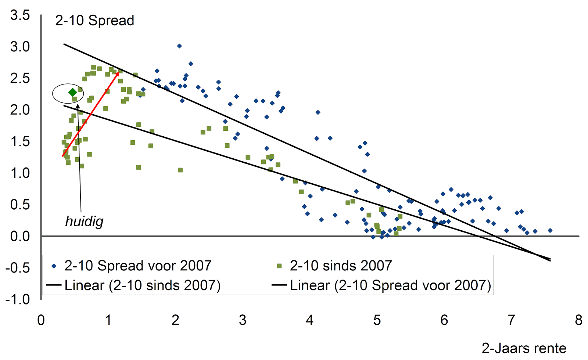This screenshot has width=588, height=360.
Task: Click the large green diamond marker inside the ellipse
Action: pyautogui.click(x=72, y=92)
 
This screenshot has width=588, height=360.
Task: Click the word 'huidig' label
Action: pyautogui.click(x=84, y=222)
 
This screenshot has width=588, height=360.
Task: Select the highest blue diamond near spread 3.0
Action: pyautogui.click(x=179, y=46)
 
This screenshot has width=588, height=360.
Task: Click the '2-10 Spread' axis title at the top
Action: pyautogui.click(x=94, y=21)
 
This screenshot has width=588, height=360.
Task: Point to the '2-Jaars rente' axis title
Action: pyautogui.click(x=524, y=348)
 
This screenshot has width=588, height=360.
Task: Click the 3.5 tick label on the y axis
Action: pyautogui.click(x=20, y=15)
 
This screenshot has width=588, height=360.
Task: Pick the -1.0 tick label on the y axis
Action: pyautogui.click(x=18, y=299)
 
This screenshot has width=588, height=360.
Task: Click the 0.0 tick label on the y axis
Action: pyautogui.click(x=20, y=236)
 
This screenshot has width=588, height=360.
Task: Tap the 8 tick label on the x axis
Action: pyautogui.click(x=578, y=320)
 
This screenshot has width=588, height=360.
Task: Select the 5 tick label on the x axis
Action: pyautogui.click(x=377, y=320)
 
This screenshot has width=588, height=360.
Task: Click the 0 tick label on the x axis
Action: pyautogui.click(x=41, y=320)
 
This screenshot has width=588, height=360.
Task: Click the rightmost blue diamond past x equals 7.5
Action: pyautogui.click(x=550, y=230)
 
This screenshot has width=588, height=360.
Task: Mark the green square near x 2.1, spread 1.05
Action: pyautogui.click(x=180, y=170)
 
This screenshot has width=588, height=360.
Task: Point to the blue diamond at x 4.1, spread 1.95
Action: pyautogui.click(x=318, y=112)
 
